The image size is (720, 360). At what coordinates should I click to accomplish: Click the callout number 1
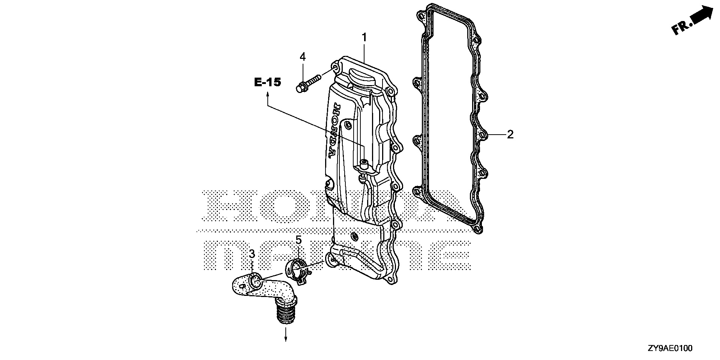[364, 37]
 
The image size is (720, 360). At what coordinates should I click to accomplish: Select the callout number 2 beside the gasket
[510, 134]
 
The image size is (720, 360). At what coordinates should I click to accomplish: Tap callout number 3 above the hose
[252, 254]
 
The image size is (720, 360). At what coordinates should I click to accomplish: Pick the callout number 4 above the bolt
[303, 57]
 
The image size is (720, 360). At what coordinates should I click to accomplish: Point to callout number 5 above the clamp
[298, 240]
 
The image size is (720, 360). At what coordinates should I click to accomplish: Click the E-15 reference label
[267, 82]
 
